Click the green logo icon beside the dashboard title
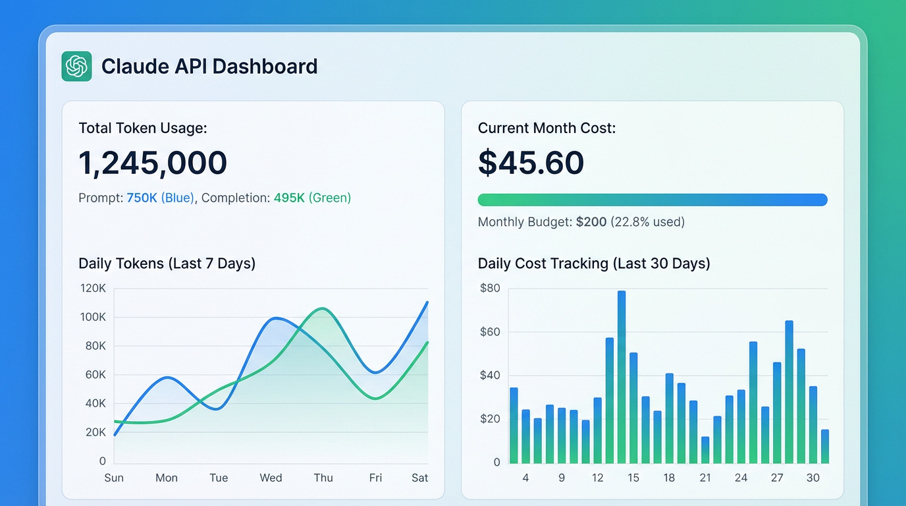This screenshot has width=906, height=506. [x=76, y=67]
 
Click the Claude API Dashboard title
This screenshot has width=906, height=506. [x=209, y=67]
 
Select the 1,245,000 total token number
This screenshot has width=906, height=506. [x=153, y=163]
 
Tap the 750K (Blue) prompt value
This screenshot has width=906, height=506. [x=160, y=198]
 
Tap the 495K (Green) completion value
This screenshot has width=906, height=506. [x=312, y=198]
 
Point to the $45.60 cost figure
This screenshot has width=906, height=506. [x=531, y=163]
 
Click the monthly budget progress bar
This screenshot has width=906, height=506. [x=652, y=200]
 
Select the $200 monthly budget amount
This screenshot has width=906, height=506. [x=591, y=222]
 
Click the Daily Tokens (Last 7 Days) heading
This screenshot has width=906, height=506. [x=167, y=264]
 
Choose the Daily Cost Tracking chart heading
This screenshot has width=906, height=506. [x=594, y=264]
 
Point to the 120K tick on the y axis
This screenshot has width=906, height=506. [x=93, y=289]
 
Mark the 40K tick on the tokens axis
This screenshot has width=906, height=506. [x=93, y=403]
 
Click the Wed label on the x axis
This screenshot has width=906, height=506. [x=271, y=478]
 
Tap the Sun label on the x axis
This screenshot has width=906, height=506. [x=114, y=478]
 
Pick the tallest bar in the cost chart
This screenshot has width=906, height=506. [x=622, y=376]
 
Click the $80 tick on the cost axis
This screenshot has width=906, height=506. [x=490, y=289]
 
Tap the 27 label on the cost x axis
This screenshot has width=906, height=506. [x=777, y=478]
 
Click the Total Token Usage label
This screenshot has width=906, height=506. [x=143, y=128]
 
